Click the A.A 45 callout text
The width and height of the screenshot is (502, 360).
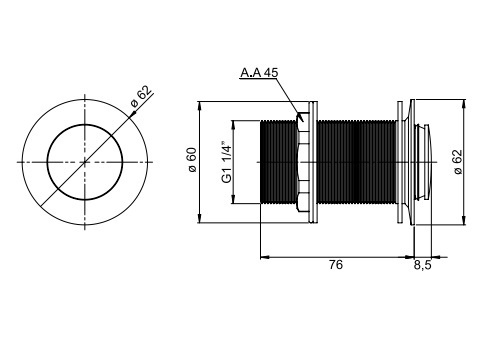(259, 72)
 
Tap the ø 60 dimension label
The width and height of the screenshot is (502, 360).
(193, 160)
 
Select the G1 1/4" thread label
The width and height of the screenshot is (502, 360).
(226, 163)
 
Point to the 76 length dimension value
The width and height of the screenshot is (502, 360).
(336, 265)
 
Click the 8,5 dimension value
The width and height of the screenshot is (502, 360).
(423, 265)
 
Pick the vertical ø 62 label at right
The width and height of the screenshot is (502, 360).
(458, 162)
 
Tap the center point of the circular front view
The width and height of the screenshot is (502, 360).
(85, 162)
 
